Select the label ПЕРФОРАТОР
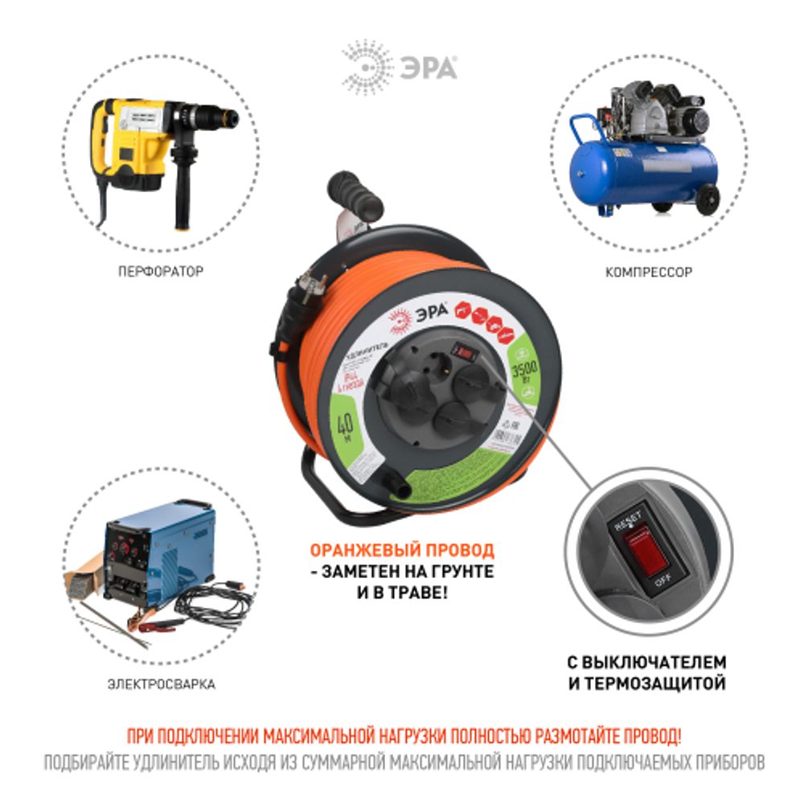(x=160, y=273)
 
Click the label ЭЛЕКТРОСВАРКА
(x=161, y=685)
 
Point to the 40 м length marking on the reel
(x=347, y=425)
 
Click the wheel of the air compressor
(x=708, y=199)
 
